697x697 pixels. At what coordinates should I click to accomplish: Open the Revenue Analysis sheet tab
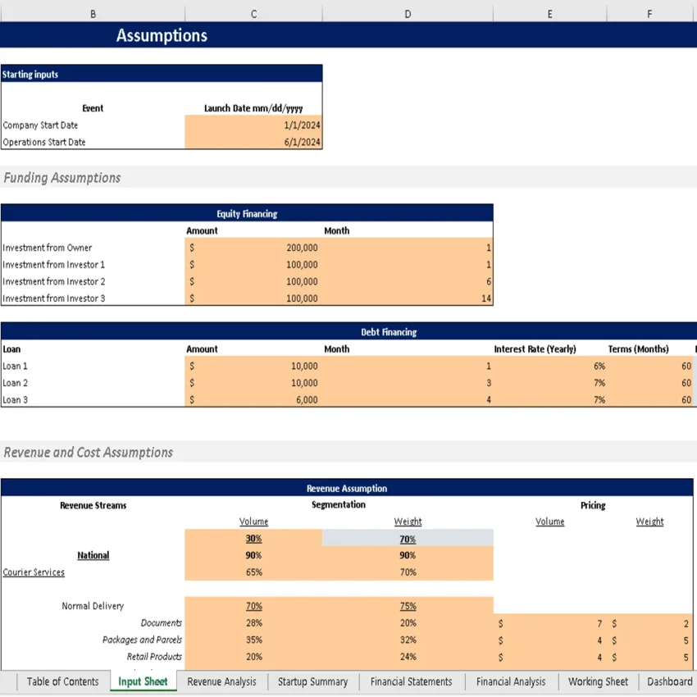[x=221, y=681]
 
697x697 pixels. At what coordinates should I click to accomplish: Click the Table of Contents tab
[x=62, y=681]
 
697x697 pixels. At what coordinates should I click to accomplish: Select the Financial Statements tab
[x=411, y=681]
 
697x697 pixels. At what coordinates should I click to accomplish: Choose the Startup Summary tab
[x=312, y=681]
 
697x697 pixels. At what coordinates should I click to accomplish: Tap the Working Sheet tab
[x=598, y=681]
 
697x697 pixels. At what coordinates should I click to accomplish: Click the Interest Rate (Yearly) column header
[x=535, y=349]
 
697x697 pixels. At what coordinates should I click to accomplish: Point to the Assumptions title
[x=162, y=35]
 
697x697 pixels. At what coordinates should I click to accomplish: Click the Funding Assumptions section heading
[x=62, y=178]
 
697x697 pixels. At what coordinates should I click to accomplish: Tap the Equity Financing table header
[x=247, y=214]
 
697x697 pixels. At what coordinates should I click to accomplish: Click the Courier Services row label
[x=34, y=572]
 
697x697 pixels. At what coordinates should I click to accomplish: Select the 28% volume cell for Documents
[x=253, y=623]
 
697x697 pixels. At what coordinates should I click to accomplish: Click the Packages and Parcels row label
[x=142, y=640]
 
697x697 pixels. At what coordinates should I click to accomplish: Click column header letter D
[x=408, y=14]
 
